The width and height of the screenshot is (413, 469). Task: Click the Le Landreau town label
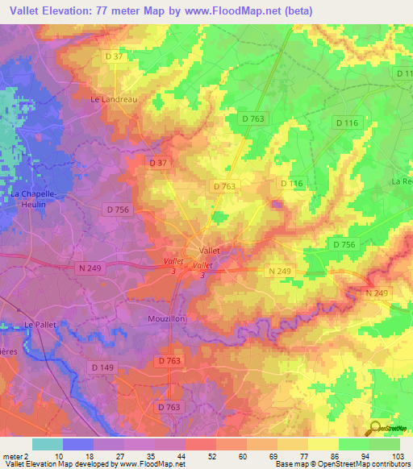click(111, 100)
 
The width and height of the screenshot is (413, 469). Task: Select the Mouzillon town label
click(167, 319)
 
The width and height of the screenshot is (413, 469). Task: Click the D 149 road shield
click(102, 367)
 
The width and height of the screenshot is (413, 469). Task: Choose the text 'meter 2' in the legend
click(15, 455)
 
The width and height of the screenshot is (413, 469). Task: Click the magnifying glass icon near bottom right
click(373, 428)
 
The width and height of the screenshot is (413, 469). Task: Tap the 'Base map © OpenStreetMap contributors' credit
click(342, 464)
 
